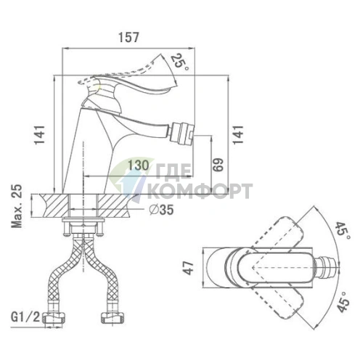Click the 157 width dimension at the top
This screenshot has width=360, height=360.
[x=128, y=37]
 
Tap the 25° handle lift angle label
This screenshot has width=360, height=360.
[x=179, y=62]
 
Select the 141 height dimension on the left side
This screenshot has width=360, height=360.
[x=40, y=135]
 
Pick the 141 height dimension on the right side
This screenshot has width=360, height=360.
[x=238, y=135]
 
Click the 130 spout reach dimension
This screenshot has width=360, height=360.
[x=138, y=165]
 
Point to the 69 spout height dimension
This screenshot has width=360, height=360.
[x=218, y=165]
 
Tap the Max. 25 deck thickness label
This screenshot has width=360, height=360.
[x=17, y=206]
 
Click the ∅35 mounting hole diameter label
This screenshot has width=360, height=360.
[x=161, y=210]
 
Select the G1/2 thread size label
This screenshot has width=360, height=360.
[x=25, y=317]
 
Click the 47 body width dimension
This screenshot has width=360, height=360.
[x=189, y=268]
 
